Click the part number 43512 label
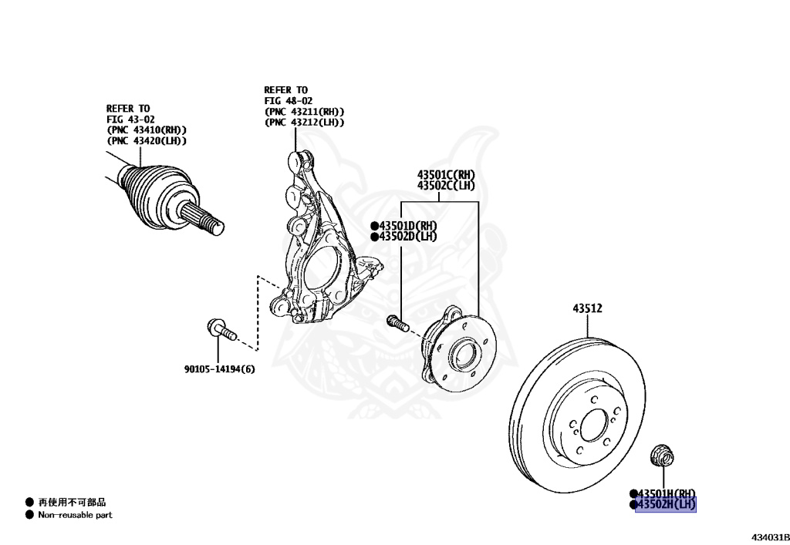[x=587, y=308]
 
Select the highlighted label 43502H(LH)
[x=666, y=505]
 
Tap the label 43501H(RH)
[x=666, y=493]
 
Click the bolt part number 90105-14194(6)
[x=219, y=369]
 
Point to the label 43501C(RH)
[x=446, y=174]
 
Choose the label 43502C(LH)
[x=446, y=186]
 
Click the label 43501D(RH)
[x=407, y=225]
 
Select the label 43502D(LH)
[x=407, y=237]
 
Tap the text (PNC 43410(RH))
[x=147, y=130]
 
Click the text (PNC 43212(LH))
[x=304, y=122]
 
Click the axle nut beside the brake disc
[x=660, y=456]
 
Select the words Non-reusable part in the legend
[x=75, y=515]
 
